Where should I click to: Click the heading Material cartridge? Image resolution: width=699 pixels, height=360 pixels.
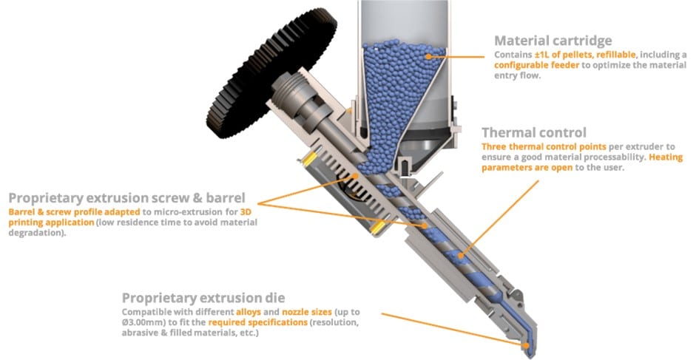(x=553, y=41)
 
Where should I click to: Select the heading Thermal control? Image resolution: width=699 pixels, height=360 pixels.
(x=534, y=133)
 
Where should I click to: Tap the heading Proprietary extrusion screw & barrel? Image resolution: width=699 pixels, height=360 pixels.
(x=126, y=198)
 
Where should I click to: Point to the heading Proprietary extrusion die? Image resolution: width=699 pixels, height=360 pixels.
(x=203, y=298)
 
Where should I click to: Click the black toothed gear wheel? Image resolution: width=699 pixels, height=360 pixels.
(x=271, y=72)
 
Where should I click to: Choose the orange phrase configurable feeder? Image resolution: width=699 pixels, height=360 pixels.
(x=537, y=65)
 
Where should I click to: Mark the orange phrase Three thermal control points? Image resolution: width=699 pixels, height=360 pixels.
(x=544, y=146)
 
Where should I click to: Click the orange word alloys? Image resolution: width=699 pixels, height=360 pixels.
(x=249, y=312)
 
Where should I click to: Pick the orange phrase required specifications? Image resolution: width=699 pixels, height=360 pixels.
(x=257, y=322)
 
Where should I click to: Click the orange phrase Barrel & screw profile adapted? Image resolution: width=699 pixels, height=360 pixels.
(x=74, y=211)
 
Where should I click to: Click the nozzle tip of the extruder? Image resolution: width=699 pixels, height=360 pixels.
(x=529, y=353)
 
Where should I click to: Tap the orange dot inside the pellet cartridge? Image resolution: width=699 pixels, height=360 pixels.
(x=428, y=56)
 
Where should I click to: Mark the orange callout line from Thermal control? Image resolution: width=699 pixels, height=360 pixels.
(x=500, y=219)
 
